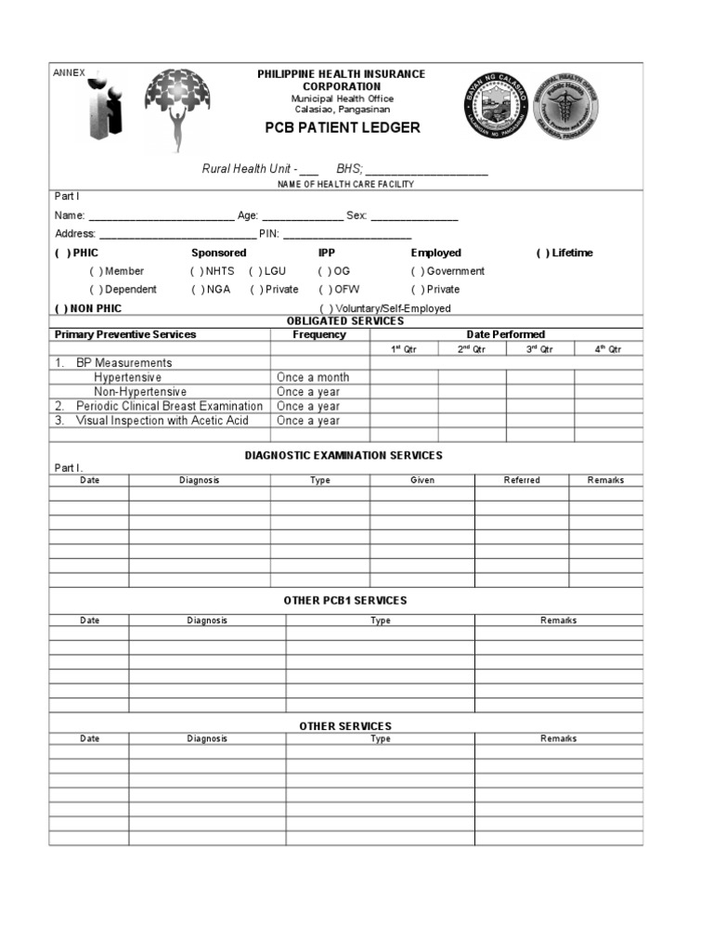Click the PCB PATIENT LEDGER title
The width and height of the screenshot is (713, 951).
coord(344,127)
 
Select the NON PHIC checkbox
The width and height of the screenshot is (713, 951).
coord(59,308)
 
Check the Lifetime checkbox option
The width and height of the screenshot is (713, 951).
coord(542,253)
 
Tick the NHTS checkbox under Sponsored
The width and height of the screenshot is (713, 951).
coord(197,271)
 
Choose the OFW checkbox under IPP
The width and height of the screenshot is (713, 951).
coord(325,290)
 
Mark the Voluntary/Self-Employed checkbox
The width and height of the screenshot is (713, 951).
coord(327,308)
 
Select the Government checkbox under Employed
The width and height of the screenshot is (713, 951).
coord(418,271)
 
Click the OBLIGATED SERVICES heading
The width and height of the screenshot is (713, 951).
coord(345,321)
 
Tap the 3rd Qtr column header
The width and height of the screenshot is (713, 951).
coord(539,349)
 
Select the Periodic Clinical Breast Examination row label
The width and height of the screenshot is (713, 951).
coord(169,406)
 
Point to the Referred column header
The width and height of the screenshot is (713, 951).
coord(521,480)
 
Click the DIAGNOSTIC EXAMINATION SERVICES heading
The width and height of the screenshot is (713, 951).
coord(344,455)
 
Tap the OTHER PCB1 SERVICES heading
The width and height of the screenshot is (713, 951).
coord(345,601)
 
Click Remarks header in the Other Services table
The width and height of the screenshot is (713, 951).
coord(558,739)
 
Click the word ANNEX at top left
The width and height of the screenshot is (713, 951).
coord(68,72)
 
